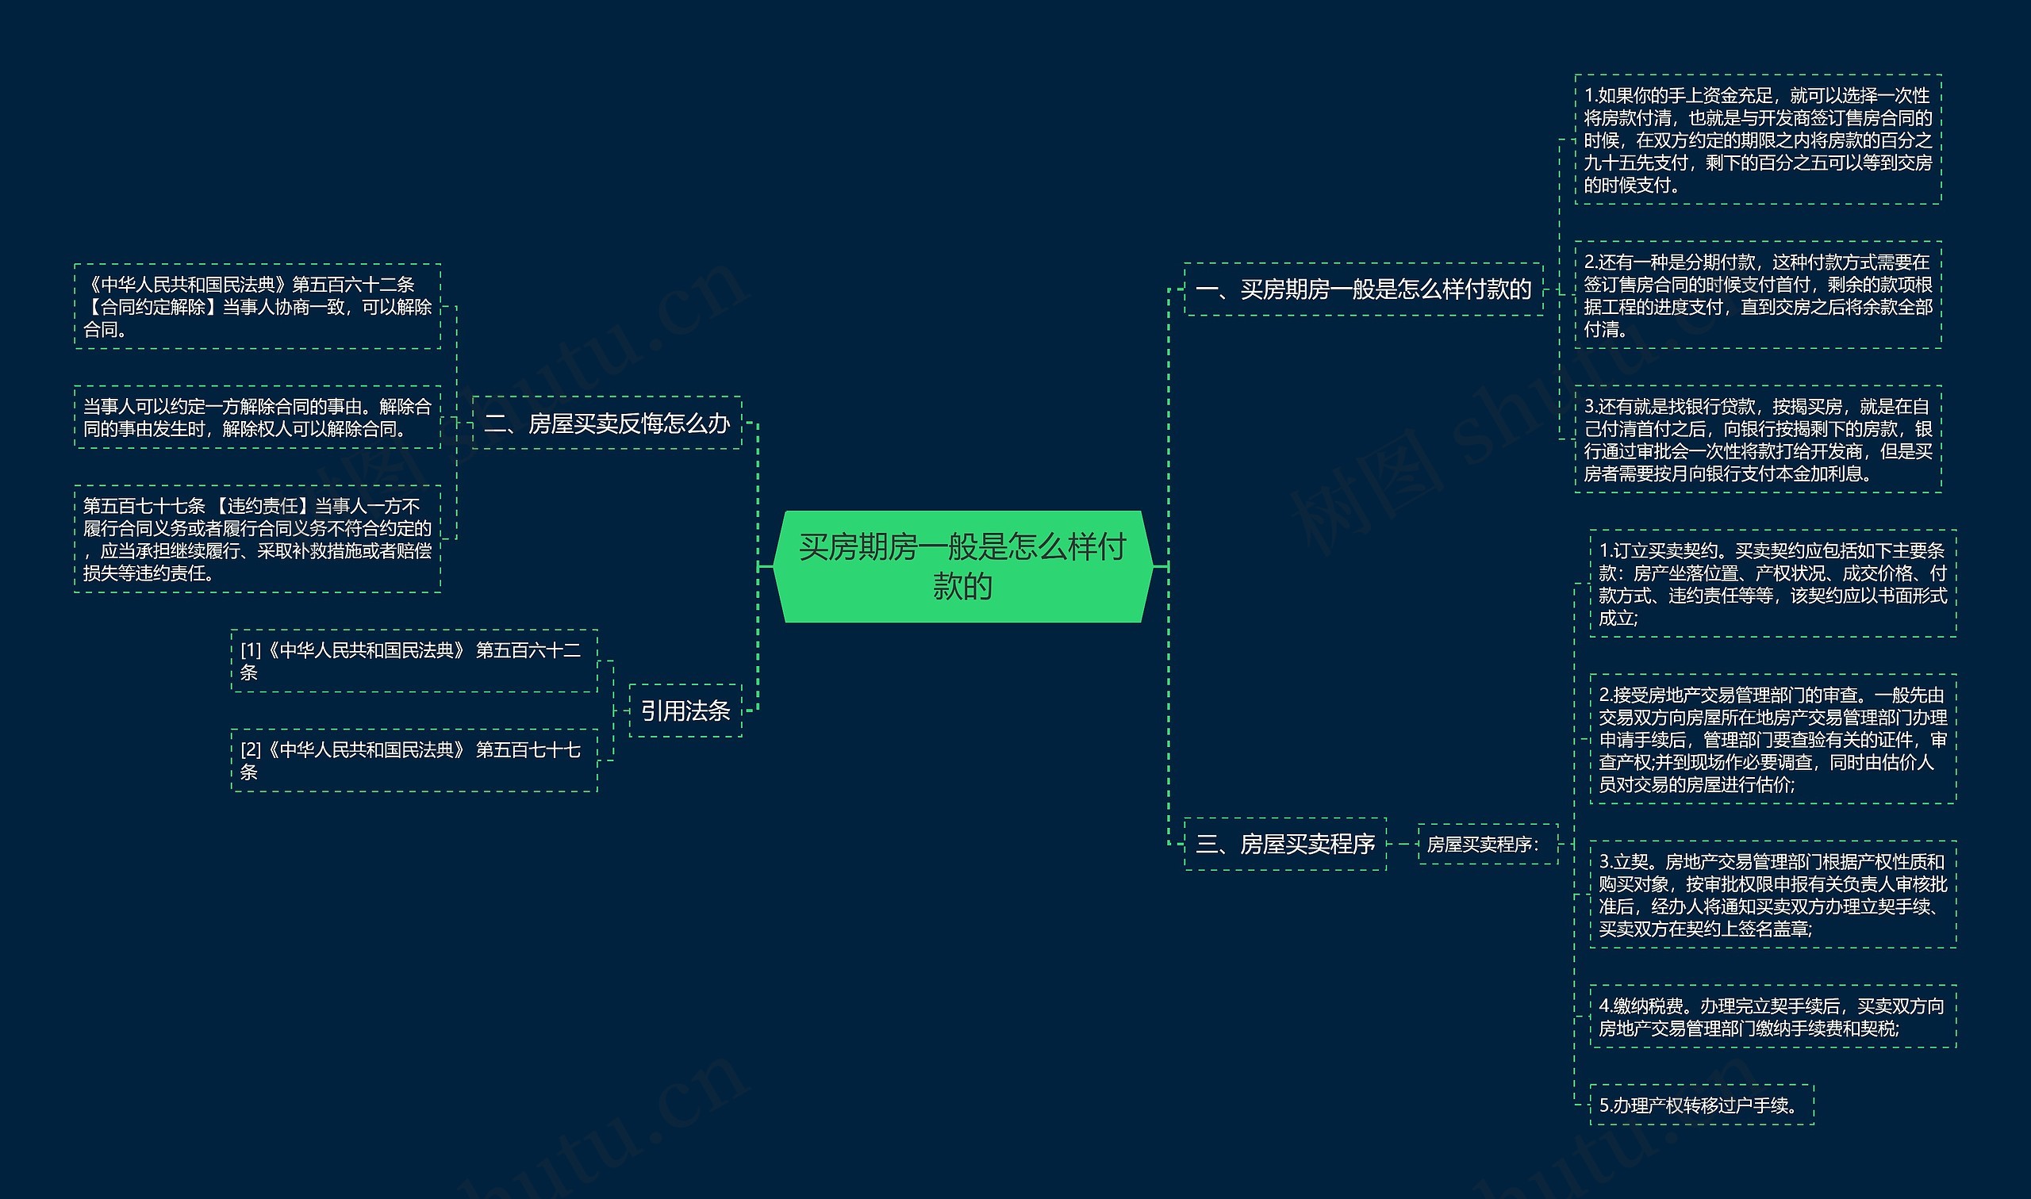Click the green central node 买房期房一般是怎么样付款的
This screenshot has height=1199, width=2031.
pyautogui.click(x=962, y=565)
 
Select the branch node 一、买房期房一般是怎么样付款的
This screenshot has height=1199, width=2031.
pyautogui.click(x=1363, y=289)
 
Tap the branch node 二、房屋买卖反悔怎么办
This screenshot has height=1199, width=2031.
pyautogui.click(x=606, y=423)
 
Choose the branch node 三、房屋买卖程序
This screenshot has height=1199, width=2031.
pyautogui.click(x=1284, y=845)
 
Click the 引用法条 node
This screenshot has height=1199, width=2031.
pyautogui.click(x=685, y=711)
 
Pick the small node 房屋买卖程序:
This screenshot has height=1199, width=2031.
pyautogui.click(x=1487, y=845)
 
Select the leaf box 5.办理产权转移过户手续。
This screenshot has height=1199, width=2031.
pyautogui.click(x=1701, y=1105)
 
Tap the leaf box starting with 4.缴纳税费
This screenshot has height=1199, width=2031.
pyautogui.click(x=1772, y=1017)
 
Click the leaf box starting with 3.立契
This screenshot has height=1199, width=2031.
pyautogui.click(x=1772, y=895)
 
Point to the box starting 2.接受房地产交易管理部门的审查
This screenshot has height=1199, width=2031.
pyautogui.click(x=1772, y=739)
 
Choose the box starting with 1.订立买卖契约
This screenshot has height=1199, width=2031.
pyautogui.click(x=1772, y=584)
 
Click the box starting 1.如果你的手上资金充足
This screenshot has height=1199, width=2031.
pyautogui.click(x=1758, y=140)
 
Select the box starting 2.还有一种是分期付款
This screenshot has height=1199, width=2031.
pyautogui.click(x=1758, y=295)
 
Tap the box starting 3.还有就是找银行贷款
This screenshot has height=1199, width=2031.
pyautogui.click(x=1758, y=439)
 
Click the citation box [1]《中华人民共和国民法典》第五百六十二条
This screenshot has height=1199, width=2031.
pyautogui.click(x=414, y=661)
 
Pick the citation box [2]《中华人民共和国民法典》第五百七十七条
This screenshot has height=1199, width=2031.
pyautogui.click(x=414, y=760)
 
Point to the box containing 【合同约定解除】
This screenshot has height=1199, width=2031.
pyautogui.click(x=257, y=306)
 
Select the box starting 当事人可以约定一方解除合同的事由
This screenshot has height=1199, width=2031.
pyautogui.click(x=257, y=417)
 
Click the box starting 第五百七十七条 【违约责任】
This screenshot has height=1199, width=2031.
pyautogui.click(x=257, y=539)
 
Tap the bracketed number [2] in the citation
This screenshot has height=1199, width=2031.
pyautogui.click(x=251, y=751)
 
